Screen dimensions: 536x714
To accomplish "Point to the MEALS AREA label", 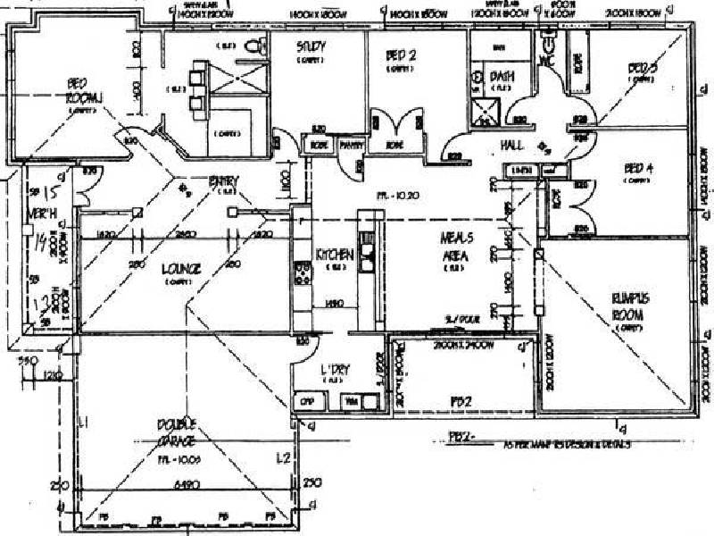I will pyautogui.click(x=454, y=246).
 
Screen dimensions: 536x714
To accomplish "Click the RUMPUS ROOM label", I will pyautogui.click(x=628, y=304).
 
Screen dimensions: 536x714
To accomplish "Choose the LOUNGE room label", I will pyautogui.click(x=181, y=268).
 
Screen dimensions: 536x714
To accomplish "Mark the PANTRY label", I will pyautogui.click(x=352, y=143).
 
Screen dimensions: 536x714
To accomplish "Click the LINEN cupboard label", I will pyautogui.click(x=518, y=170).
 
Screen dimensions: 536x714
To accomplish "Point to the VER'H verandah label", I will pyautogui.click(x=37, y=215).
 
